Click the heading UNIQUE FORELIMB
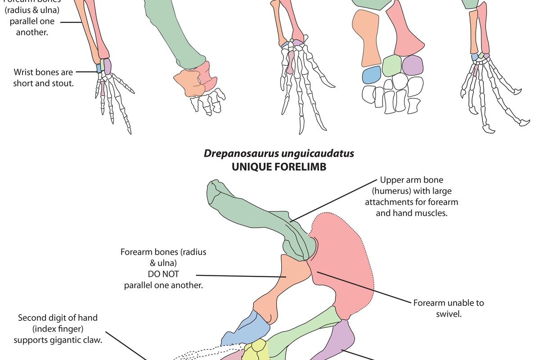(x=279, y=167)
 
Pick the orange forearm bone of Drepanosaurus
(x=279, y=288)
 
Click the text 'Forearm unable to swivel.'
(x=449, y=308)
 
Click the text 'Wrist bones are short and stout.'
(x=43, y=77)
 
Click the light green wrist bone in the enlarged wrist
(x=391, y=65)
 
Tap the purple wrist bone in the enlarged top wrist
(x=413, y=65)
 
